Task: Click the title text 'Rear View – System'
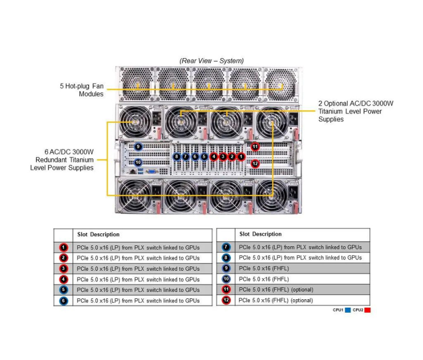click(212, 61)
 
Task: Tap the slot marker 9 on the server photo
click(138, 147)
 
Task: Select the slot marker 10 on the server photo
click(138, 162)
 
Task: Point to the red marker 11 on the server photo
click(255, 147)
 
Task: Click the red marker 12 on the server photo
click(255, 163)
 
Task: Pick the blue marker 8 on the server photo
click(177, 156)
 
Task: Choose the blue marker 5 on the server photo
click(204, 156)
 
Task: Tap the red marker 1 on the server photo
click(241, 156)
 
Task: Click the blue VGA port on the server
click(151, 170)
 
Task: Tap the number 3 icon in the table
click(63, 269)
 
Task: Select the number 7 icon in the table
click(225, 247)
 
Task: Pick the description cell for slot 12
click(276, 300)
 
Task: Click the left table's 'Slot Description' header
click(98, 234)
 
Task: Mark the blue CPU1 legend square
click(348, 310)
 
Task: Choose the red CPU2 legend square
click(367, 310)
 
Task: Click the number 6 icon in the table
click(63, 300)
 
